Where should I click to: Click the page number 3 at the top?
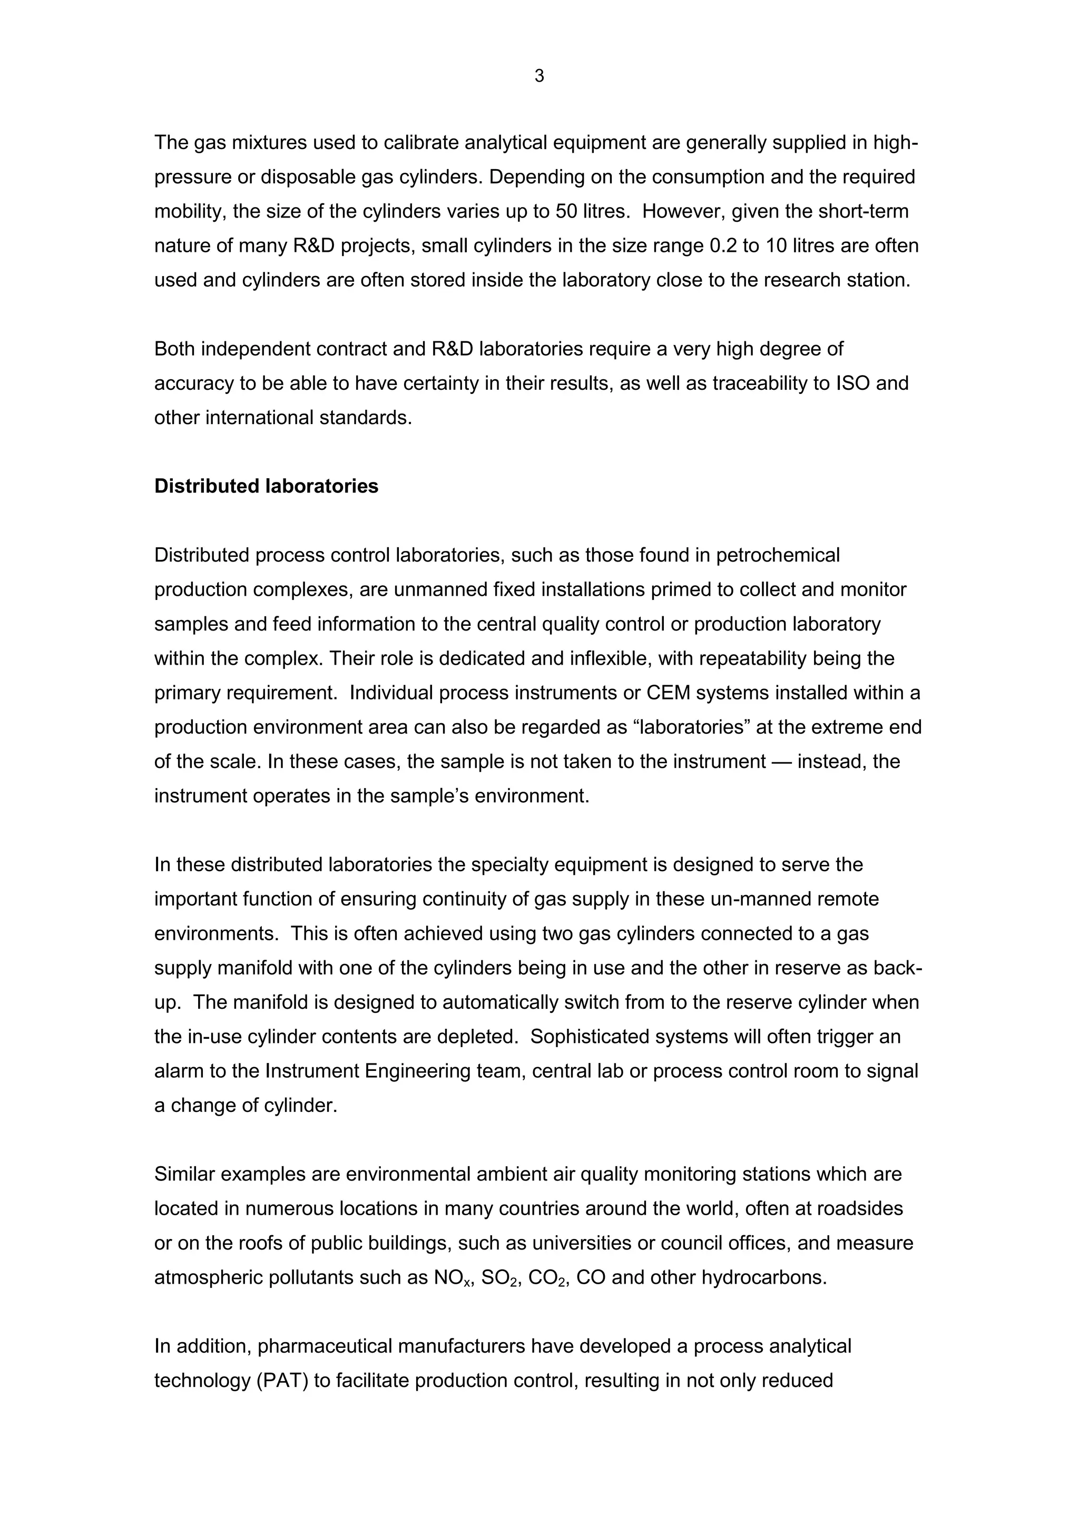[x=538, y=76]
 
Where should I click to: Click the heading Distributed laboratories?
[x=266, y=487]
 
